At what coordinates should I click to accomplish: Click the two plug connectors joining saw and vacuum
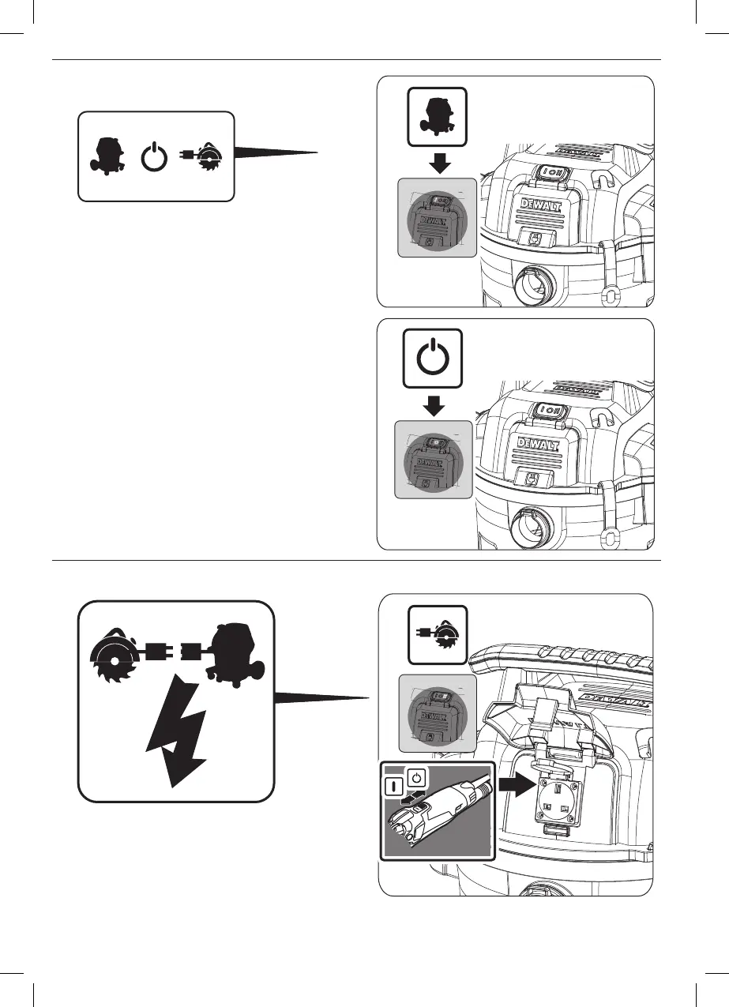point(175,652)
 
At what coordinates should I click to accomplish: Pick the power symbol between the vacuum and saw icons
point(155,157)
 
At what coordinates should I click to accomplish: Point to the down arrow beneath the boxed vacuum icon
point(437,162)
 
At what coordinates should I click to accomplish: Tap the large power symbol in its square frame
point(433,359)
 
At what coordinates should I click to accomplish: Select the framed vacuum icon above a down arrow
point(437,116)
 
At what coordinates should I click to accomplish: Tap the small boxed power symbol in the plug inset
point(419,780)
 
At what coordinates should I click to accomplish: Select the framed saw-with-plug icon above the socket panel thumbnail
point(437,634)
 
